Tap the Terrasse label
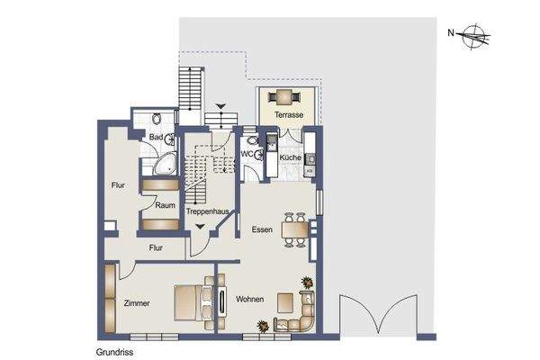coord(288,116)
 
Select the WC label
coord(248,154)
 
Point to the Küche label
coord(290,157)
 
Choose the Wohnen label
coord(249,299)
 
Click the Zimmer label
coord(138,303)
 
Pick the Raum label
coord(164,205)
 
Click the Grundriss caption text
coord(114,353)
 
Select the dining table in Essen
coord(293,230)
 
